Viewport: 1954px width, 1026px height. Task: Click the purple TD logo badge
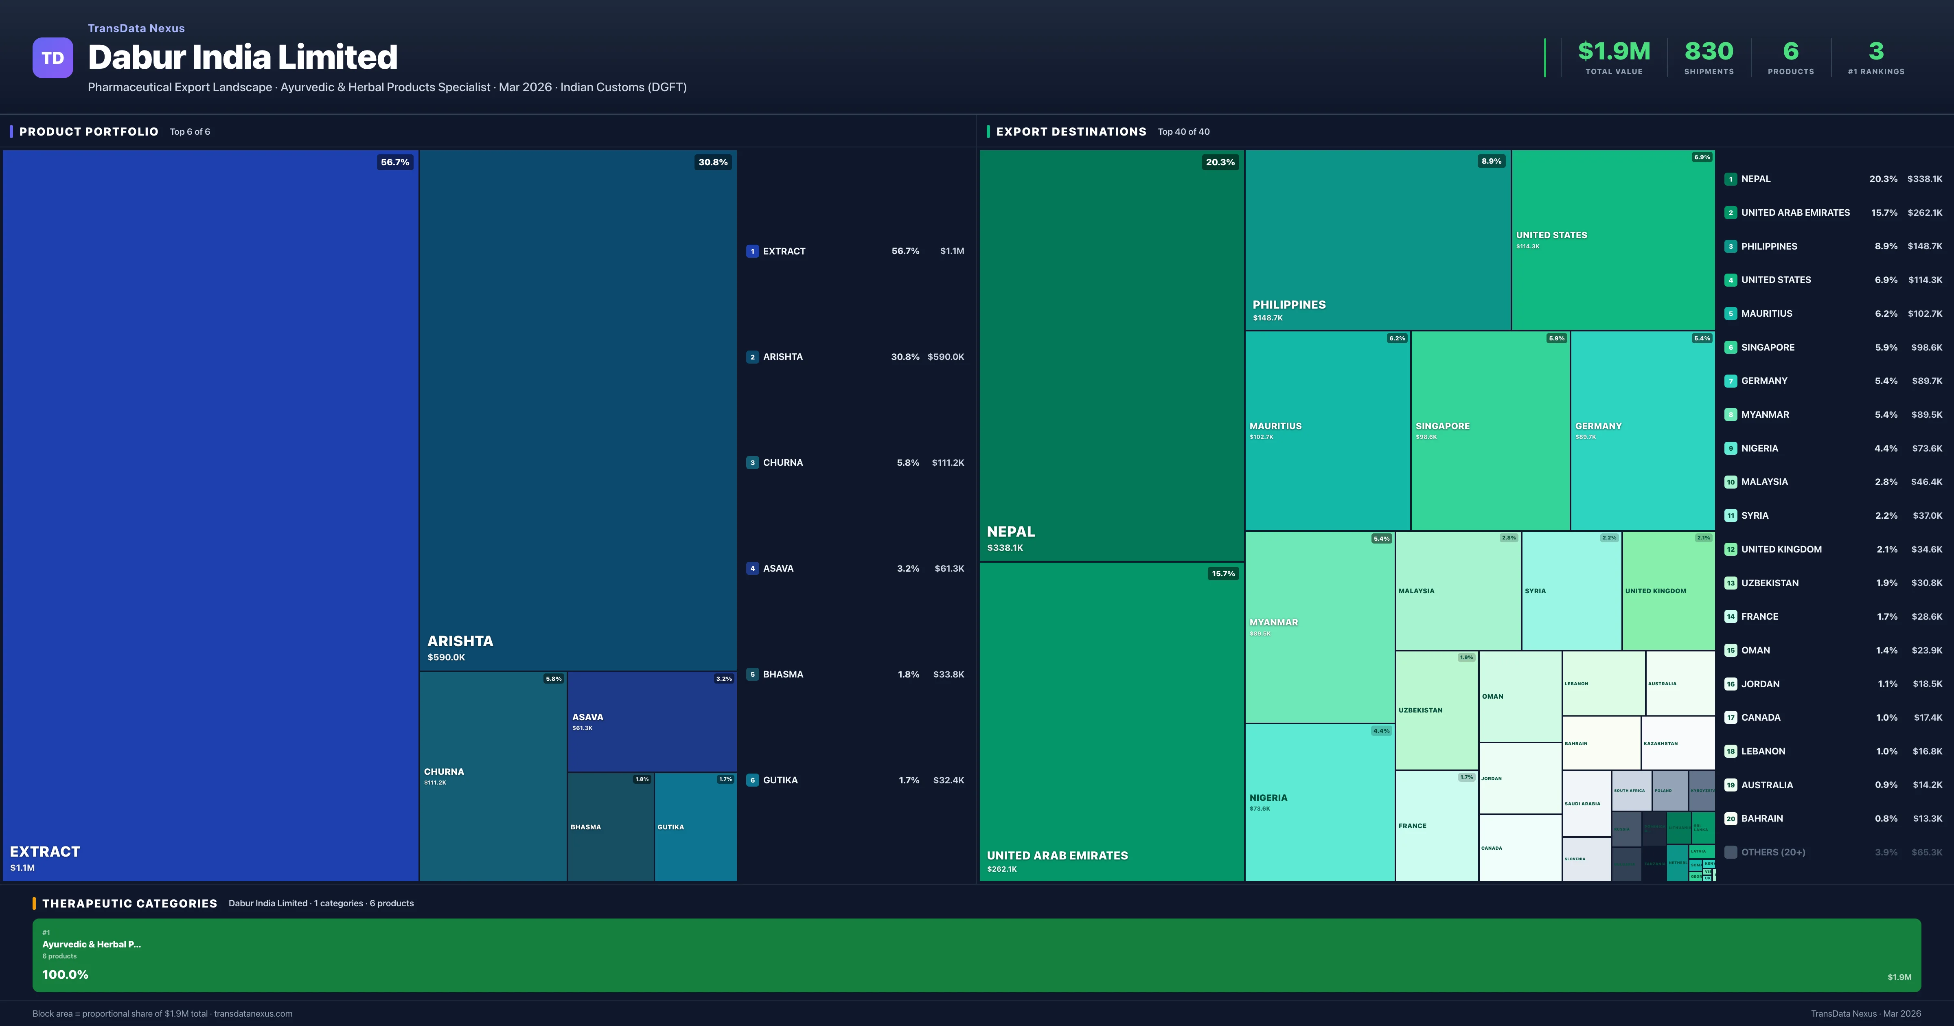53,58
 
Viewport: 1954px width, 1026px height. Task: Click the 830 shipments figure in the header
1708,52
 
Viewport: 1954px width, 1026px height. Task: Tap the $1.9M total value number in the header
1613,52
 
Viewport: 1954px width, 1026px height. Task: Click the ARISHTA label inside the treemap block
460,641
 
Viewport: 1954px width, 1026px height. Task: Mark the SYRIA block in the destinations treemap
1571,590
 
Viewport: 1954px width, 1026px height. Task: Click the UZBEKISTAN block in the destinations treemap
1436,710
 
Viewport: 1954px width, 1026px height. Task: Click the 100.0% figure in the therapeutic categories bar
65,974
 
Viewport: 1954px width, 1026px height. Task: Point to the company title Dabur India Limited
243,58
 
